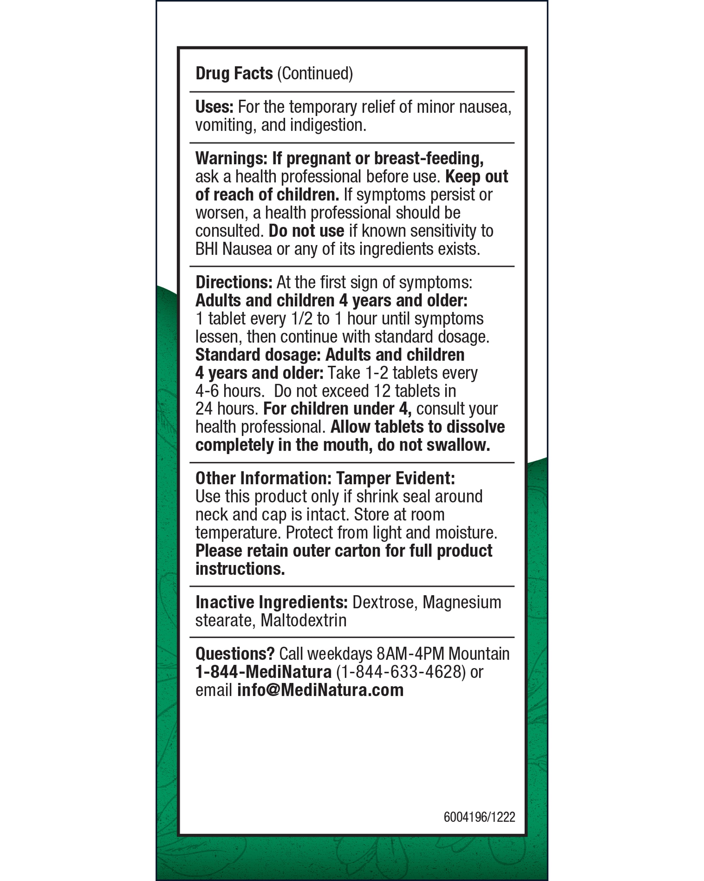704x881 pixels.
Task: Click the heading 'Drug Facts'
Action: pos(234,74)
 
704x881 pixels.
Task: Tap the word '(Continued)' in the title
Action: pos(315,74)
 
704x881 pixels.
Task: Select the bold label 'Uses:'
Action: pos(214,107)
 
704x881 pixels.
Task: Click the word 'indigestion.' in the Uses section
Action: pos(328,125)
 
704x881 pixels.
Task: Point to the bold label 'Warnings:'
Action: pos(231,158)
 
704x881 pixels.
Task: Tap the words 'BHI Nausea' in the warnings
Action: pos(233,249)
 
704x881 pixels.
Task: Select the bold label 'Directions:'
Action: pos(234,282)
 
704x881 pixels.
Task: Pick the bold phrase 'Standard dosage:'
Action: pos(258,355)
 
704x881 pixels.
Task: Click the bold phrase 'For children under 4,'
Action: pos(337,409)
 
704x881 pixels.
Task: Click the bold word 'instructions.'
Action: pos(240,569)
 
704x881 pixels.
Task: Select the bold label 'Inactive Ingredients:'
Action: pos(271,602)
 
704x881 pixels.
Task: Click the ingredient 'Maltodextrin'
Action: pos(303,620)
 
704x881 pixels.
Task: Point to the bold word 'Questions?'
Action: pos(234,654)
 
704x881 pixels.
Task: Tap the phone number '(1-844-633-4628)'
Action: pos(401,672)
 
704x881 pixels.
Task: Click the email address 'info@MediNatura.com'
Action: pos(320,690)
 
